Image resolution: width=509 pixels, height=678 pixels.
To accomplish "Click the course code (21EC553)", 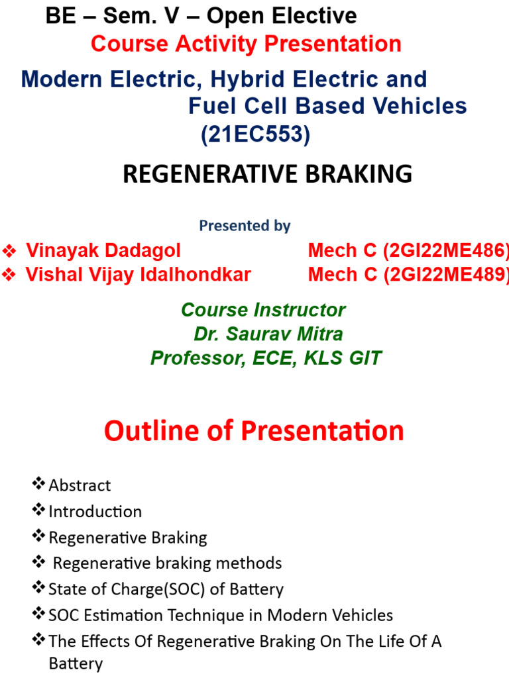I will point(256,134).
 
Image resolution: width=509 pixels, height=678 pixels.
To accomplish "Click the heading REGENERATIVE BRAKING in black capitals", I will point(268,174).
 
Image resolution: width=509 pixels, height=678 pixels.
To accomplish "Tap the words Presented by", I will point(245,226).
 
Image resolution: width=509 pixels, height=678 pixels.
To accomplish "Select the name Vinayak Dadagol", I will point(103,251).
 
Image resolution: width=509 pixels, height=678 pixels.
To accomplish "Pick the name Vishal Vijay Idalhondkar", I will point(138,275).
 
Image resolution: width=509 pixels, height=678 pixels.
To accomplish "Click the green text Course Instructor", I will point(263,310).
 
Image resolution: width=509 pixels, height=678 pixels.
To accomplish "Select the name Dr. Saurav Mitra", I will point(268,334).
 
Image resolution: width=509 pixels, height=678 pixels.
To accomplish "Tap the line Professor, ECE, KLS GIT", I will point(266,358).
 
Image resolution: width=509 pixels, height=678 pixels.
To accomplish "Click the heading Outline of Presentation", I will point(254,431).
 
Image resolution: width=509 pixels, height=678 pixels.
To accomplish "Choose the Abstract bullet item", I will point(80,485).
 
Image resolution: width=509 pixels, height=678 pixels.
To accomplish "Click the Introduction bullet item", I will point(95,511).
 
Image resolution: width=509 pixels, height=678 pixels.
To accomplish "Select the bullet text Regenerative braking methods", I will point(167,563).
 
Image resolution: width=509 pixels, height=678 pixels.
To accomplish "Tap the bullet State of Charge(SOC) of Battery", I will point(166,589).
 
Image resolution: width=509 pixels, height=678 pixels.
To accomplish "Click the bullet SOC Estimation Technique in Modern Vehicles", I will point(220,615).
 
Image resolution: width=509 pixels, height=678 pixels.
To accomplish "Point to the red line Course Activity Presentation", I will point(246,44).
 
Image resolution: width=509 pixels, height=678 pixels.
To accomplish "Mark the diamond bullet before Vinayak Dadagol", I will point(9,251).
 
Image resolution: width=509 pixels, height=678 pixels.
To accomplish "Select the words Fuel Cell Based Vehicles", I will point(327,106).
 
